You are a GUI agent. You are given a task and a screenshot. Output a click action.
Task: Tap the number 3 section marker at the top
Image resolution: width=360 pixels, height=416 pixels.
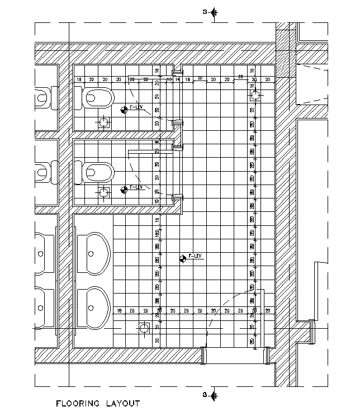pyautogui.click(x=205, y=12)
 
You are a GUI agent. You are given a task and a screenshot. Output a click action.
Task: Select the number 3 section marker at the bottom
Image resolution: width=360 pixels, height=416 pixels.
pyautogui.click(x=205, y=395)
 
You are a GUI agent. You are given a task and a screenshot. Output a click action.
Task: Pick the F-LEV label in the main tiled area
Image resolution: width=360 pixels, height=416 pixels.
pyautogui.click(x=195, y=256)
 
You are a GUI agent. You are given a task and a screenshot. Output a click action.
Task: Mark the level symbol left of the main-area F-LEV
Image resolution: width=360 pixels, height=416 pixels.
pyautogui.click(x=183, y=259)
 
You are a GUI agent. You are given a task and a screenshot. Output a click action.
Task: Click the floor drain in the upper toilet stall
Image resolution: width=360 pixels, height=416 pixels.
pyautogui.click(x=104, y=122)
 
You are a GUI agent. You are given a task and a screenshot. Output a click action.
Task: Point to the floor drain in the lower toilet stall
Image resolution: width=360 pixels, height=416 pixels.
pyautogui.click(x=104, y=193)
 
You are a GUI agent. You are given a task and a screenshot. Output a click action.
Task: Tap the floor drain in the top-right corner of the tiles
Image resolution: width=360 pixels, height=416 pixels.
pyautogui.click(x=255, y=96)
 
